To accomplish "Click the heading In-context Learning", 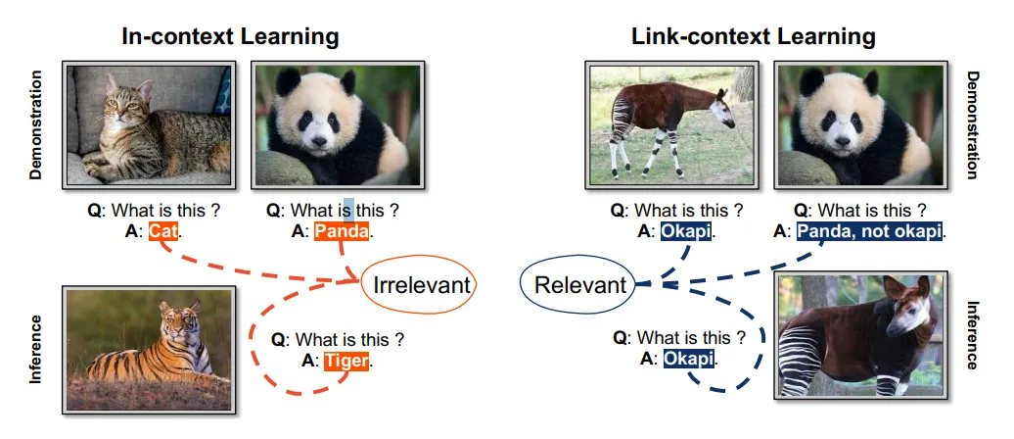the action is click(230, 37).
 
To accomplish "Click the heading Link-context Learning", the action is click(754, 37).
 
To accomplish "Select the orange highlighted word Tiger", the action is click(347, 362).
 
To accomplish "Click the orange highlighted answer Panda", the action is click(342, 232).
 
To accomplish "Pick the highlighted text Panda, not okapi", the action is click(869, 232).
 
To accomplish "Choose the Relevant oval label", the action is click(578, 285).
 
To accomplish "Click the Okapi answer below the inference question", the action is click(689, 360).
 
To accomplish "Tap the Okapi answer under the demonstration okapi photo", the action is click(686, 232).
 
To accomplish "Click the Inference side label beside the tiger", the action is click(35, 349).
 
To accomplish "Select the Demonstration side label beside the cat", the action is click(36, 124).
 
